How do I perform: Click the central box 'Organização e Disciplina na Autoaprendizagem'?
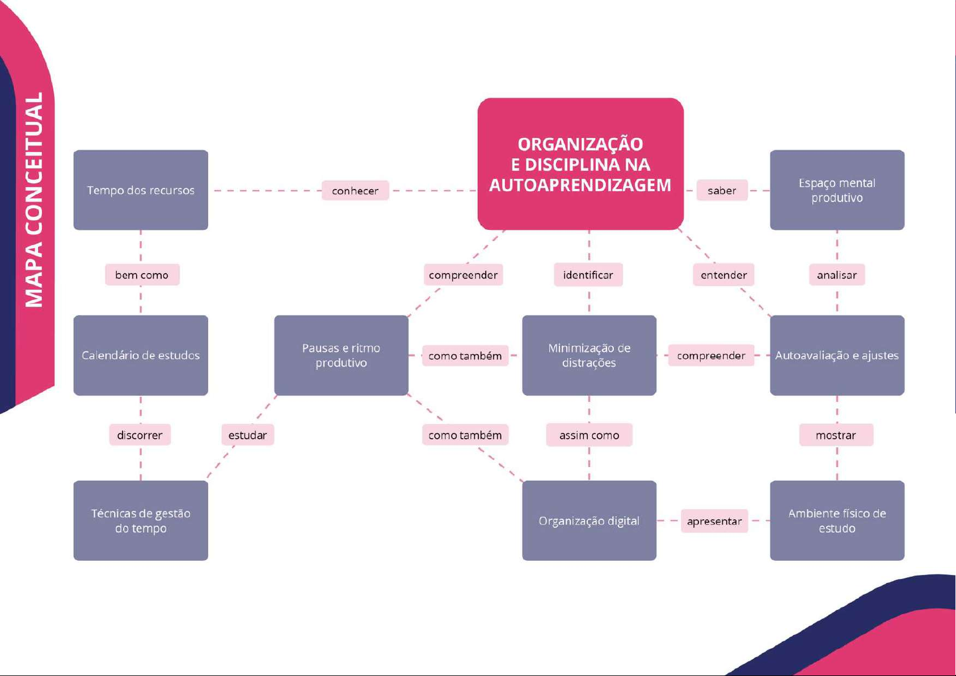tap(580, 164)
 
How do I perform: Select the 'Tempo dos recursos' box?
tap(141, 190)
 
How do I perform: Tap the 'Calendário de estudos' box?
tap(141, 355)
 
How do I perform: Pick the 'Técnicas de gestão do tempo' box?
tap(141, 520)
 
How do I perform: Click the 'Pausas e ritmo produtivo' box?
tap(341, 355)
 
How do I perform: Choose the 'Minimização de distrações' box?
tap(589, 355)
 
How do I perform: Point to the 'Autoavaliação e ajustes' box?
tap(837, 355)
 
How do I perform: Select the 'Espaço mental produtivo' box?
tap(837, 190)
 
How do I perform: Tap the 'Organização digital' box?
tap(589, 520)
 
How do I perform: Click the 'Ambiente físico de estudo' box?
tap(837, 520)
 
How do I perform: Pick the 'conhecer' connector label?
tap(355, 191)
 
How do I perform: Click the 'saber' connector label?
tap(722, 191)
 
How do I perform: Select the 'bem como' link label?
tap(142, 275)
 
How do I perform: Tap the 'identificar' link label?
tap(588, 275)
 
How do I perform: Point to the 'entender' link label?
tap(723, 275)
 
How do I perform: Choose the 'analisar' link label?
tap(837, 275)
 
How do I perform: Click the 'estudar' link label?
tap(247, 435)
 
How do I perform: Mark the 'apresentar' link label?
tap(714, 521)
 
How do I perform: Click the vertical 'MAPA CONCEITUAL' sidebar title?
tap(34, 200)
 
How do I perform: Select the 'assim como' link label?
tap(589, 435)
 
